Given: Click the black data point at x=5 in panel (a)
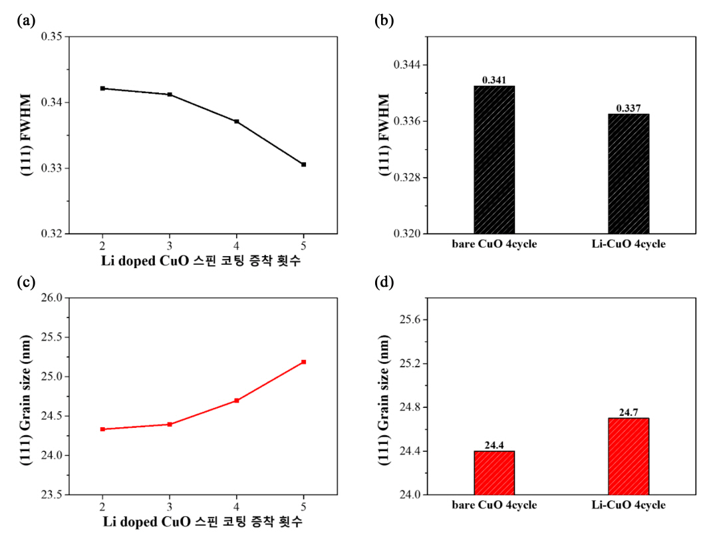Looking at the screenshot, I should click(x=304, y=164).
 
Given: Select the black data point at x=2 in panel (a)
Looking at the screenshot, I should click(x=102, y=89).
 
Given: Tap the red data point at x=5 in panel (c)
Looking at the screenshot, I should click(x=304, y=362).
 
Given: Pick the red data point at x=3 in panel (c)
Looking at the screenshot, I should click(x=170, y=424).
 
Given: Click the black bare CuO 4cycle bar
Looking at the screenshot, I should click(x=494, y=160).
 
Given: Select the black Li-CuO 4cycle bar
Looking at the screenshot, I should click(x=629, y=174).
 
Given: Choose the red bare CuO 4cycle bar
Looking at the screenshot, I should click(x=494, y=473).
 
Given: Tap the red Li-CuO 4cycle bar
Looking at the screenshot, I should click(x=629, y=456).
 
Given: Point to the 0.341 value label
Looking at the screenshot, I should click(x=494, y=80).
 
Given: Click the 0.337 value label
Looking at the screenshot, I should click(x=629, y=108).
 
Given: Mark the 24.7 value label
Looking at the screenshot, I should click(x=629, y=413).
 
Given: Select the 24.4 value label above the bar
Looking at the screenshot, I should click(x=494, y=445).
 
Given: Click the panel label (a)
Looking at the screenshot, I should click(x=26, y=21).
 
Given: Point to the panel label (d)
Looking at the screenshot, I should click(x=384, y=282).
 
